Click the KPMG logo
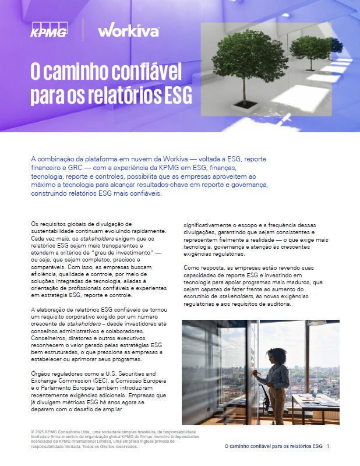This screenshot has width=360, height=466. point(49,30)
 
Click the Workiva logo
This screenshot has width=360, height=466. point(128,30)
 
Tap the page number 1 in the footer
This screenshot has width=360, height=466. point(328,446)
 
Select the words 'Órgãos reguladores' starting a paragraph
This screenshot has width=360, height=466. point(55,372)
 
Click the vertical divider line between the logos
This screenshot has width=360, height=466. point(83,30)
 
